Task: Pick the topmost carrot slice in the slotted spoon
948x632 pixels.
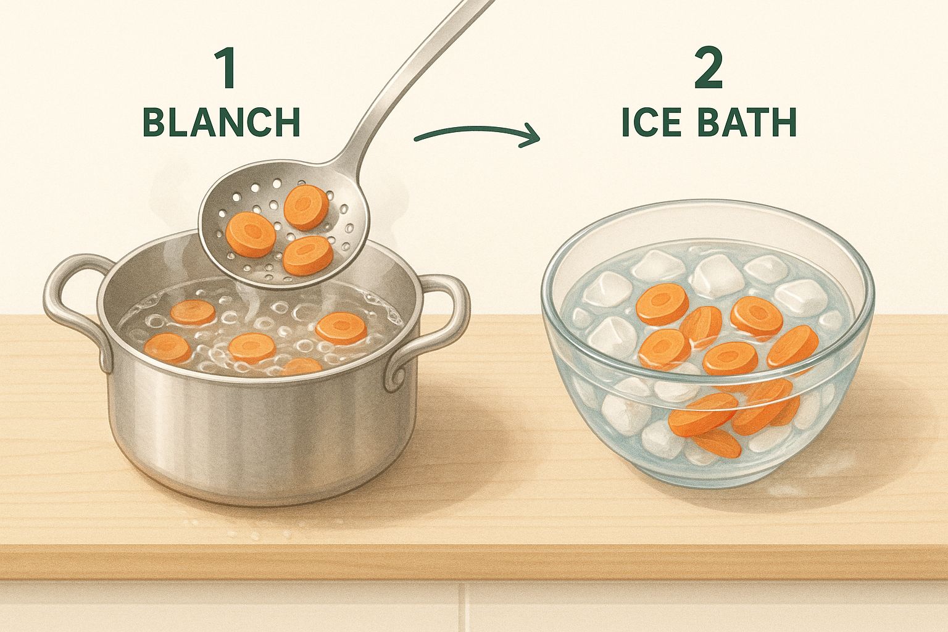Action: click(x=306, y=207)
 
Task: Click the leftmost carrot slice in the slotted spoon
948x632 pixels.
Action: click(x=251, y=235)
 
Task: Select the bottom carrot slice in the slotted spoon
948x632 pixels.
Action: click(x=309, y=256)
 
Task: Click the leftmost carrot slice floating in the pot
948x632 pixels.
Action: click(x=168, y=348)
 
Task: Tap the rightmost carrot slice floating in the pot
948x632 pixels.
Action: click(x=341, y=328)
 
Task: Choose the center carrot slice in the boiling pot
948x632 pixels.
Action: click(x=252, y=348)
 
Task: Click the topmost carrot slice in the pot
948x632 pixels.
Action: click(x=193, y=312)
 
